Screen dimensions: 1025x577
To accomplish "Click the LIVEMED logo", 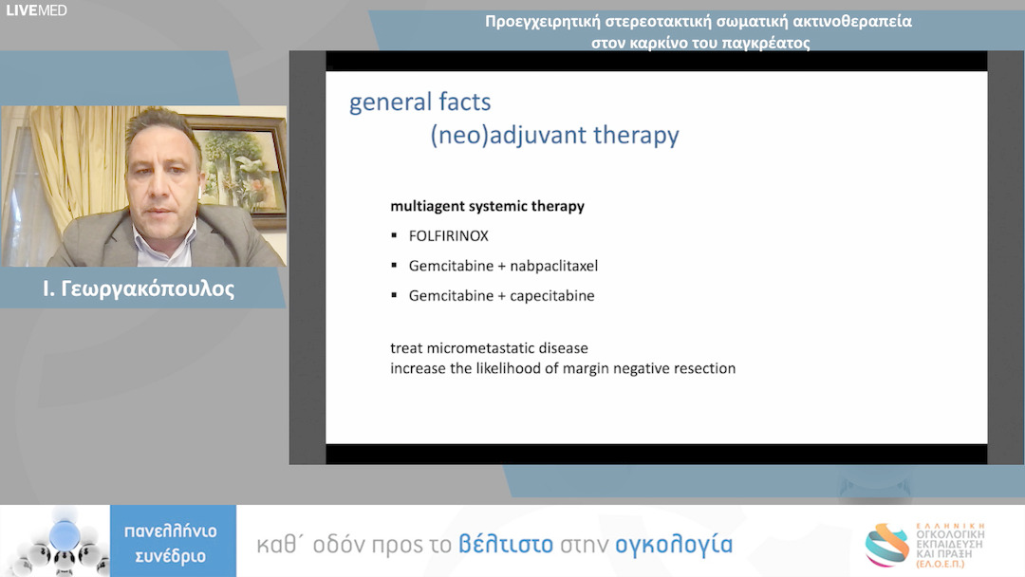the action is (36, 10).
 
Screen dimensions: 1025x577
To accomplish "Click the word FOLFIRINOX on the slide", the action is (448, 236).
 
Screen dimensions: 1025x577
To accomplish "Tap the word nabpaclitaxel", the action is (553, 266).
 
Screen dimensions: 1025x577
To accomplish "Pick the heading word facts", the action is (465, 102).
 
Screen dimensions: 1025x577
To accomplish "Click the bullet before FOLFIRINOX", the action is (394, 235).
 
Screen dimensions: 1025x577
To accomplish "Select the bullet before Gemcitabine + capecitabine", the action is (394, 295).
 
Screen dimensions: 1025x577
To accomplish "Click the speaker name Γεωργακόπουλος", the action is (148, 288).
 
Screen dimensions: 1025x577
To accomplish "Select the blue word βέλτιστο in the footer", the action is (505, 545).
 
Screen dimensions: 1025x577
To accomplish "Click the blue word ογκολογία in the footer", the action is (674, 545).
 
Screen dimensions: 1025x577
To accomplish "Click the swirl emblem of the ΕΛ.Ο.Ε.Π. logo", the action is (887, 545).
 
